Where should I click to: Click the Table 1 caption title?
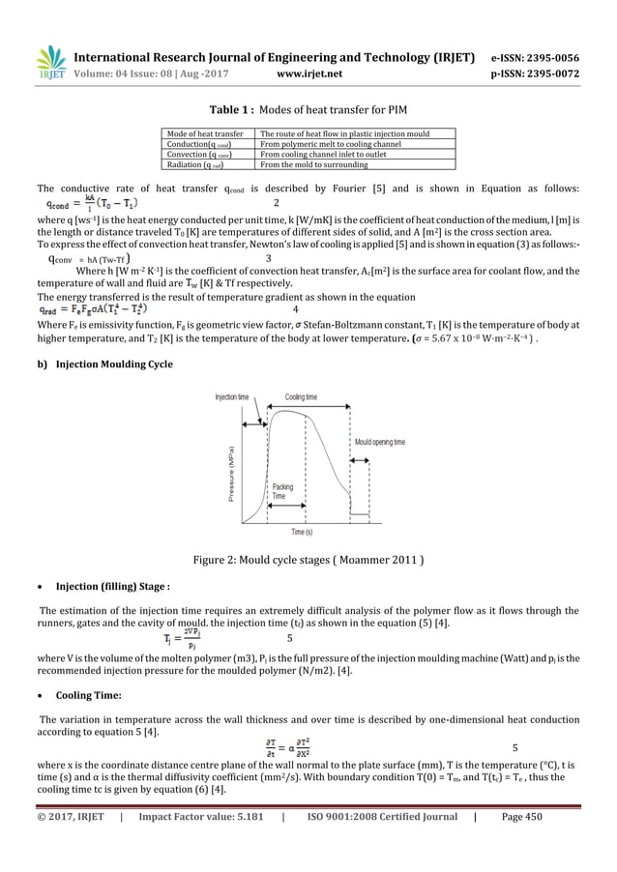(308, 109)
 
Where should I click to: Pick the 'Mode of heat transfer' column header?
(204, 132)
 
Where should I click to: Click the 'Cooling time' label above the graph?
(301, 397)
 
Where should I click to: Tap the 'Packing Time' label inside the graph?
(282, 490)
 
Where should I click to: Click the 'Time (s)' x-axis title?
(302, 532)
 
